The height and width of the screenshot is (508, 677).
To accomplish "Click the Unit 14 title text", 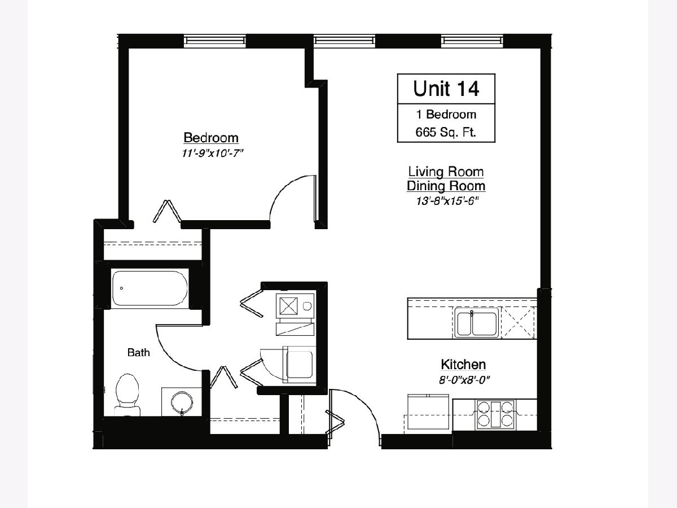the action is tap(446, 89).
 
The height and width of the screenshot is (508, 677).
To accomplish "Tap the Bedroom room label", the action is tap(211, 138).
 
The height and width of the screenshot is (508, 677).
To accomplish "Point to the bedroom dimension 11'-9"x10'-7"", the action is tap(213, 154).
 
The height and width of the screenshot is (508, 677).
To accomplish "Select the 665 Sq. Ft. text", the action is tap(446, 132).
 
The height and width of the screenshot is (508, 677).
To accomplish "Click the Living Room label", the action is tap(446, 172).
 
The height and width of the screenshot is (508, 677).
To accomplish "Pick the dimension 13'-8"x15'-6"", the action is tap(447, 201).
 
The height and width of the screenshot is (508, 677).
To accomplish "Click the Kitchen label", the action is tap(463, 365).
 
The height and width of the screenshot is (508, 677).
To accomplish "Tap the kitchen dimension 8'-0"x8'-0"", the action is tap(464, 380).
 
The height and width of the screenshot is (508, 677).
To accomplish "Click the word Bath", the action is tap(138, 352).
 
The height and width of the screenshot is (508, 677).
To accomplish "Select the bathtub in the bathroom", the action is tap(150, 288).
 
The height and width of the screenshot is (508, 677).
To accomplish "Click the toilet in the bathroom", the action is tap(127, 395).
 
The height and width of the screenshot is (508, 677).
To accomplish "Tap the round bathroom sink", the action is tap(182, 403).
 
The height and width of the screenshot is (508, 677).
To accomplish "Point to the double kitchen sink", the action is tap(477, 323).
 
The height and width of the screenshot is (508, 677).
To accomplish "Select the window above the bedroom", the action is tap(215, 41).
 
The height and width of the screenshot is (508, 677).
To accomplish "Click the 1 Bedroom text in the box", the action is tap(446, 115).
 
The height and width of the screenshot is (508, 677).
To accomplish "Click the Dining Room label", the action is tap(446, 186).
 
